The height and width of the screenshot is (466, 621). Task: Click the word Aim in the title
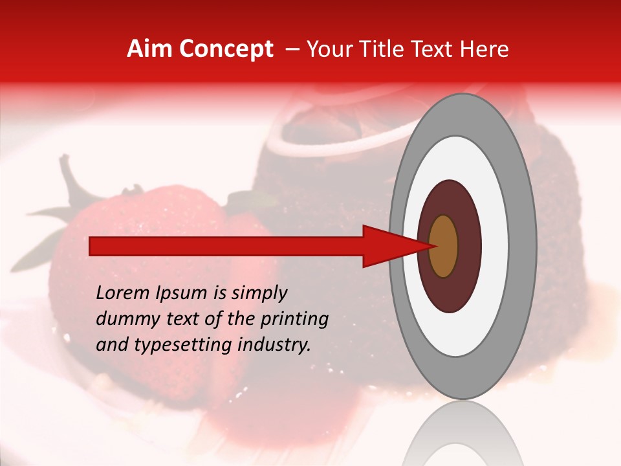pos(149,49)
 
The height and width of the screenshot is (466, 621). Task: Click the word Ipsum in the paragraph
pos(187,293)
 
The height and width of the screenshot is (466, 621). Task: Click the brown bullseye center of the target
pos(443,246)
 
